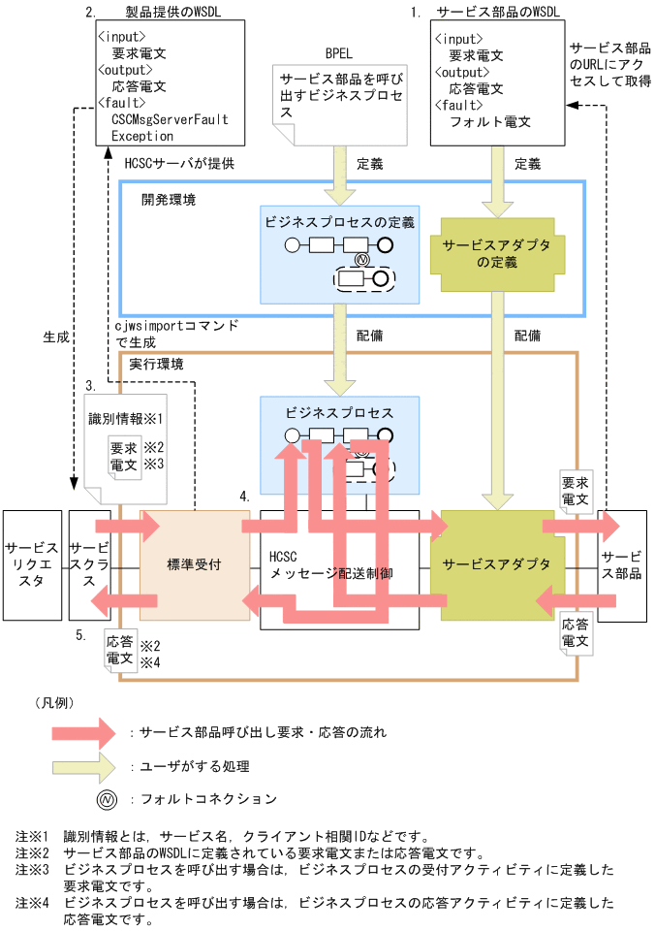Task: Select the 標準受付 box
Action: click(x=194, y=564)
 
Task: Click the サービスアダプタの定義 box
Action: click(x=496, y=254)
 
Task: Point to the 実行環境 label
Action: click(x=156, y=364)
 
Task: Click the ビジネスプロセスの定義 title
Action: click(x=339, y=222)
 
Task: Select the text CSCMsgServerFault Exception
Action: click(x=171, y=127)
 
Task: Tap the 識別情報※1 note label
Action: click(x=124, y=418)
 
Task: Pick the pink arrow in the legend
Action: click(x=90, y=731)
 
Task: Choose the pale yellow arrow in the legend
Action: click(x=90, y=766)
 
